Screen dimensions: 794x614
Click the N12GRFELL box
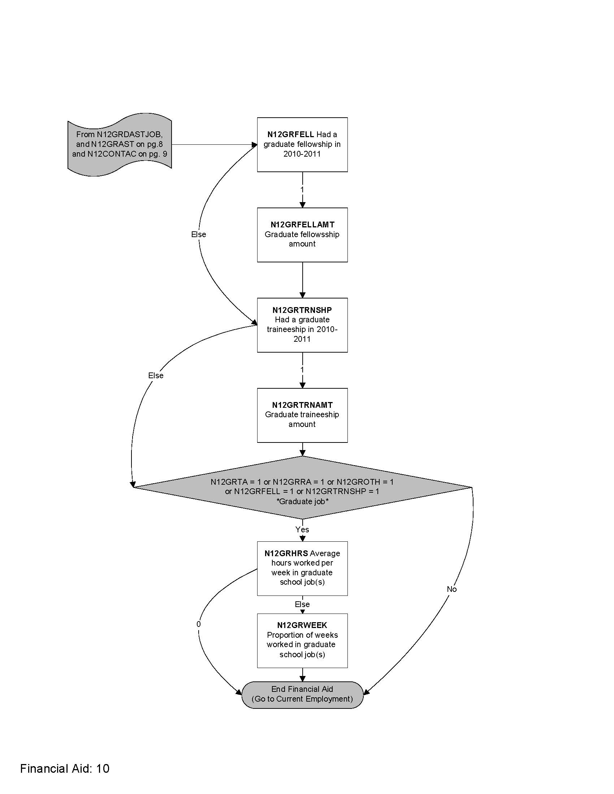coord(302,144)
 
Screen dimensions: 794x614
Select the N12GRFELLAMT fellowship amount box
coord(302,235)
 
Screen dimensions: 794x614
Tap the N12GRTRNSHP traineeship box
coord(302,325)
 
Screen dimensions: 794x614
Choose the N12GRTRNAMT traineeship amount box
coord(302,415)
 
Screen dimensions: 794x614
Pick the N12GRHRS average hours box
coord(302,568)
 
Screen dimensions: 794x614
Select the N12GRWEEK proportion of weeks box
coord(302,640)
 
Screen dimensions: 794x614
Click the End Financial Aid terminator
coord(302,694)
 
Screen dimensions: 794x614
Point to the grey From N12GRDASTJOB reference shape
coord(119,144)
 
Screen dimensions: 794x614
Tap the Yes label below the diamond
coord(302,530)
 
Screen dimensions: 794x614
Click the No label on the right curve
coord(451,589)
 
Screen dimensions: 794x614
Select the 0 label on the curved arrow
coord(198,624)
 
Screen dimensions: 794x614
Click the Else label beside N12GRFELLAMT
coord(199,235)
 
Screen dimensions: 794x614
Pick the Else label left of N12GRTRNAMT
coord(156,376)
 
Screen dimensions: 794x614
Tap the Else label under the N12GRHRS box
coord(302,604)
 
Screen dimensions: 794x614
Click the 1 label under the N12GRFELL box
coord(302,189)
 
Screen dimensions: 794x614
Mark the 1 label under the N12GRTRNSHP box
coord(302,370)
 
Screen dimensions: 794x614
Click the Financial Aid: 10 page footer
coord(65,768)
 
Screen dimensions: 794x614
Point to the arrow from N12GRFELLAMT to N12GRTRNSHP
coord(302,280)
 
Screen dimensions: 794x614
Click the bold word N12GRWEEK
coord(302,625)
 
